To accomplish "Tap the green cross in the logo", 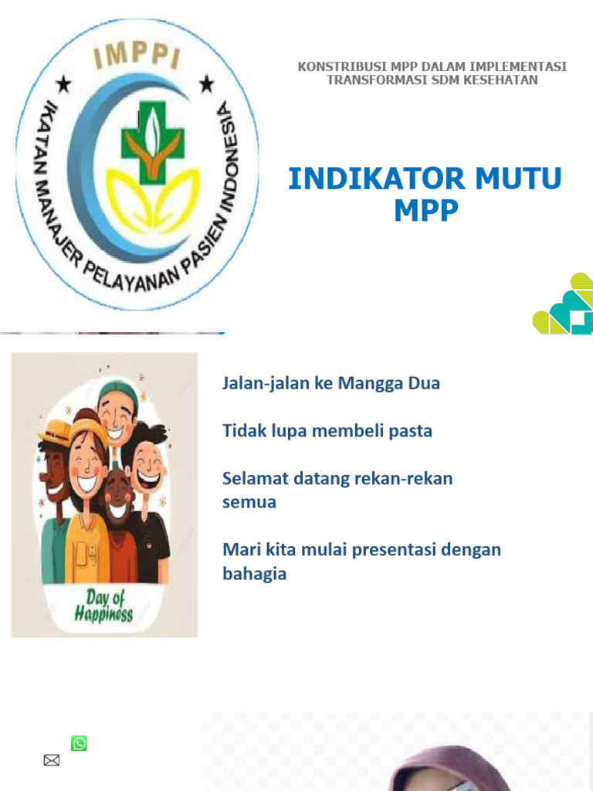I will click(153, 143).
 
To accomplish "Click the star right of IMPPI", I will click(206, 83).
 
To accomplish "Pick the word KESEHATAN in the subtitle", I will click(494, 80).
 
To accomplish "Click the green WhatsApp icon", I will click(79, 743).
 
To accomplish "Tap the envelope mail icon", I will click(52, 760).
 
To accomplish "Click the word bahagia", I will click(255, 574).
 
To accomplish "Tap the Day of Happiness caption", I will click(103, 606).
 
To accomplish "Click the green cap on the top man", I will click(118, 391).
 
